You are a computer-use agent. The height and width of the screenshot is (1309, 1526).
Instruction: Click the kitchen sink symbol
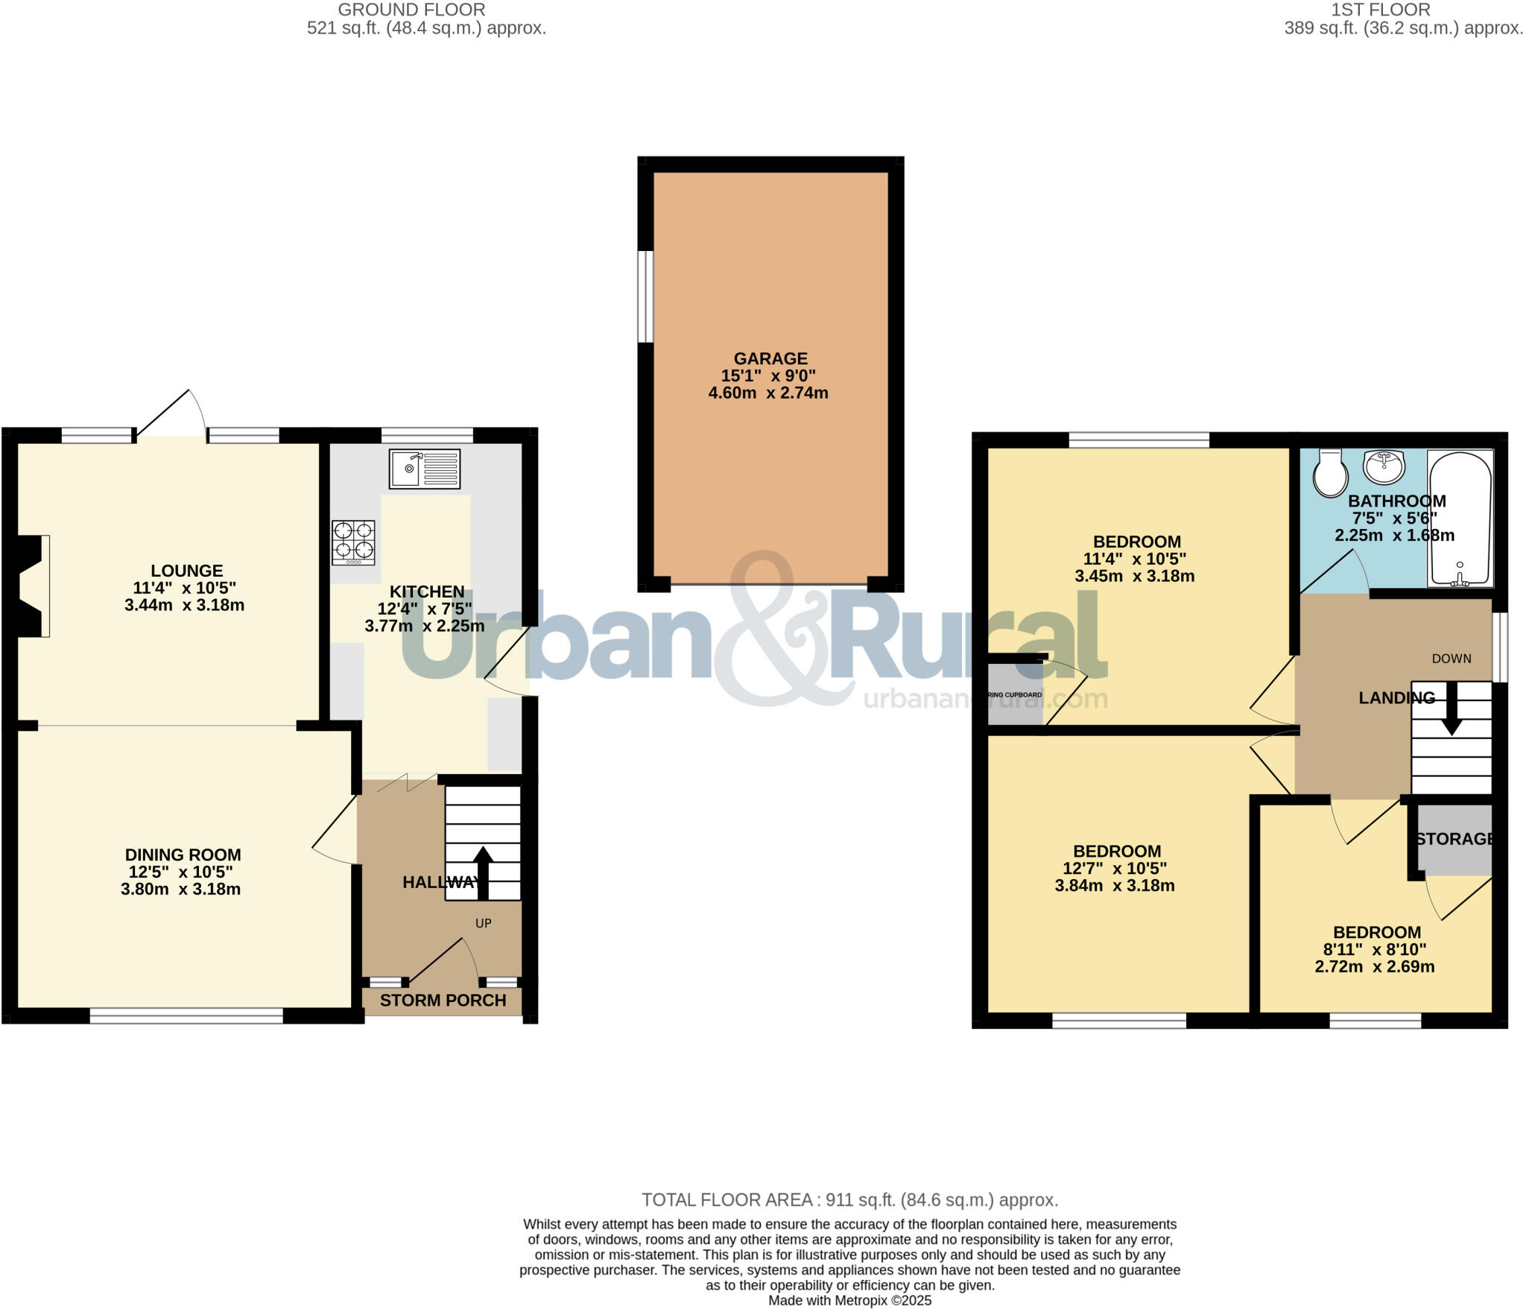pyautogui.click(x=424, y=469)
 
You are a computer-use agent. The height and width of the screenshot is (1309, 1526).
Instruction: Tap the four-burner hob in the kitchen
pyautogui.click(x=353, y=542)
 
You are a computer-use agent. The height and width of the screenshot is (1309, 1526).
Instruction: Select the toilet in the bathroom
pyautogui.click(x=1330, y=472)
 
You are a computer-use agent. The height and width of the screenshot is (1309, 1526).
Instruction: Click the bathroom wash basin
pyautogui.click(x=1384, y=467)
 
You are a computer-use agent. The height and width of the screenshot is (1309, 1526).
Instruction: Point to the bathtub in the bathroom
pyautogui.click(x=1460, y=519)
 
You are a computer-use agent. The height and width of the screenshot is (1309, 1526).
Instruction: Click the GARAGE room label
pyautogui.click(x=770, y=358)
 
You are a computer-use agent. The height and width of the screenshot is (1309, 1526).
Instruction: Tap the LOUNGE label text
pyautogui.click(x=186, y=571)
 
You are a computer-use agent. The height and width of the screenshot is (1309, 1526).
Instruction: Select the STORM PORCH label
pyautogui.click(x=443, y=1001)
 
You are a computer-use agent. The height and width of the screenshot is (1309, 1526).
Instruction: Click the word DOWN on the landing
pyautogui.click(x=1451, y=659)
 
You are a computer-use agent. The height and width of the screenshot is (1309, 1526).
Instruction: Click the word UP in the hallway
pyautogui.click(x=484, y=923)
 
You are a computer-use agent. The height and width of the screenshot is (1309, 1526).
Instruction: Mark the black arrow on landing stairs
pyautogui.click(x=1451, y=708)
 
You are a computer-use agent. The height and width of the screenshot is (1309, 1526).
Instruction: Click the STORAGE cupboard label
pyautogui.click(x=1454, y=839)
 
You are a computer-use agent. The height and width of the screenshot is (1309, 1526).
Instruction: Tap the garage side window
pyautogui.click(x=645, y=297)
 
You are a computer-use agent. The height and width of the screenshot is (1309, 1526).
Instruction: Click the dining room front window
pyautogui.click(x=186, y=1015)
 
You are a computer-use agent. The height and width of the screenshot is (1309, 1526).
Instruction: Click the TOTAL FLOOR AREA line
pyautogui.click(x=849, y=1199)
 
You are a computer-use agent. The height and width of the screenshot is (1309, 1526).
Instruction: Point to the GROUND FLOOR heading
pyautogui.click(x=411, y=10)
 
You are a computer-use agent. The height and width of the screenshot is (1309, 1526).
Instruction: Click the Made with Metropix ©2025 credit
pyautogui.click(x=849, y=1301)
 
